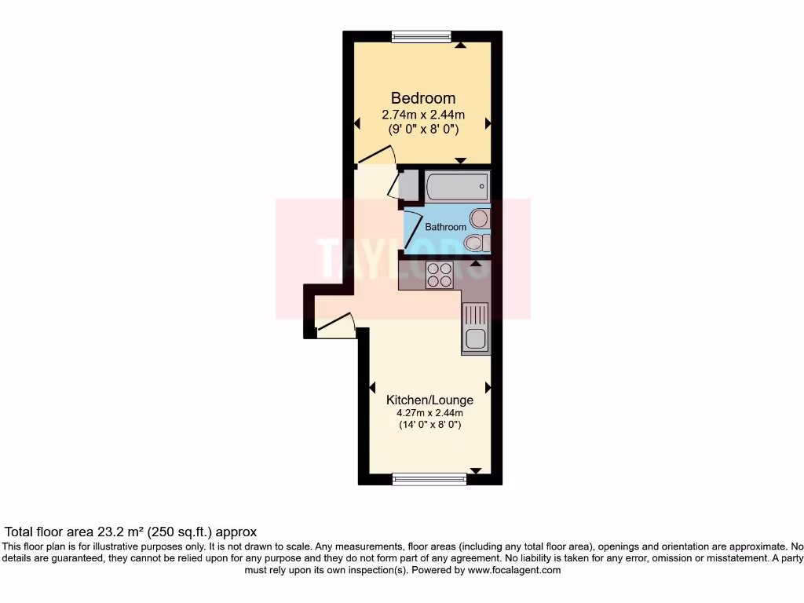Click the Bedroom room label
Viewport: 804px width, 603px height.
(423, 98)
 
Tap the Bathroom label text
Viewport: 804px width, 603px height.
(445, 227)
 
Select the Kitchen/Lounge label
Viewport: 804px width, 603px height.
(429, 400)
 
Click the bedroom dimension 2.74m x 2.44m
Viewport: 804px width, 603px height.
(423, 115)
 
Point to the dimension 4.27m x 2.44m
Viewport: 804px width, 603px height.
(429, 413)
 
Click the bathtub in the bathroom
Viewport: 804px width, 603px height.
(457, 188)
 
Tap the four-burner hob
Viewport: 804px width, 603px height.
(439, 275)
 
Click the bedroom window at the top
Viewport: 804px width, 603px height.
(422, 35)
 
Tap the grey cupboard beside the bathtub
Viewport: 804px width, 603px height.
(409, 186)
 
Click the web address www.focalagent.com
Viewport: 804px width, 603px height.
(513, 571)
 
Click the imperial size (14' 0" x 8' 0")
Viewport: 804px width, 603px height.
(429, 426)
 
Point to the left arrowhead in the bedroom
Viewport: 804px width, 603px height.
(357, 123)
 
